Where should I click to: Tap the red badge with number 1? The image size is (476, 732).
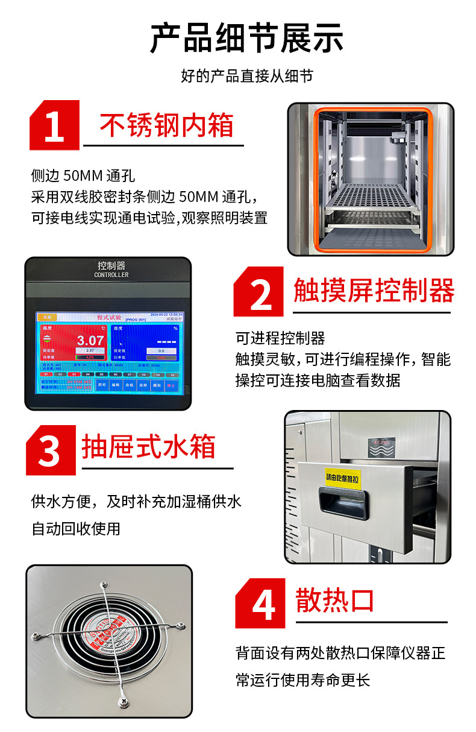tap(54, 125)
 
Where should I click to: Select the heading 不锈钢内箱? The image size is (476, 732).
tap(166, 126)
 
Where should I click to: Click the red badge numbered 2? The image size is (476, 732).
tap(260, 292)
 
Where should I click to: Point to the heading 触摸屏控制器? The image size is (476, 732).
tap(374, 291)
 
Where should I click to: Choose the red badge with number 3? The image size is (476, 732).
tap(51, 450)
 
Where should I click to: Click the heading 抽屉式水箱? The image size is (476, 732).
tap(148, 447)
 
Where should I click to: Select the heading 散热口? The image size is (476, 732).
tap(335, 601)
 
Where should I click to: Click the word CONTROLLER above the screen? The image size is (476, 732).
tap(111, 275)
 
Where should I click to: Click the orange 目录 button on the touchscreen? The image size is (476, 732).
tap(47, 317)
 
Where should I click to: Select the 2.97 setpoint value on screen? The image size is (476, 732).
tap(90, 350)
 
